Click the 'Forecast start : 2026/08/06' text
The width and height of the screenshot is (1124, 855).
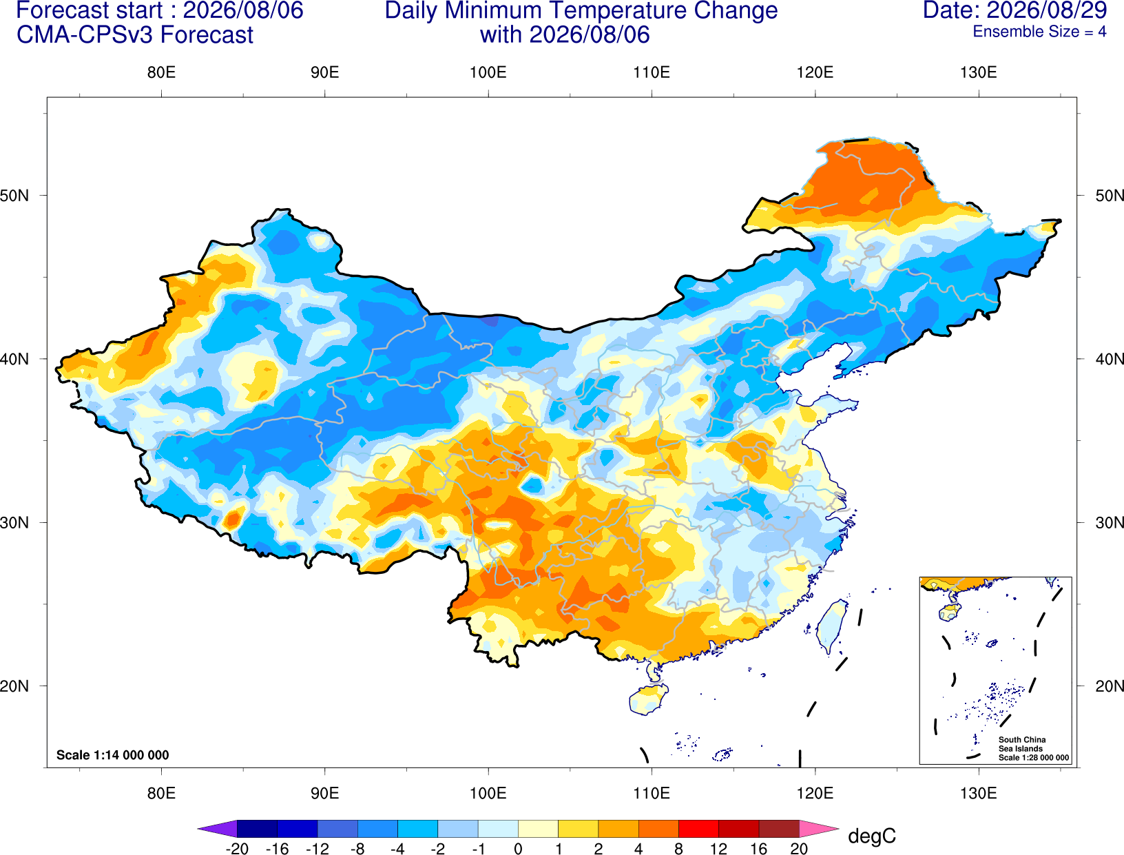point(160,10)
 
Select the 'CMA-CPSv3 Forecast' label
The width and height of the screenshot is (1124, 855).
point(135,35)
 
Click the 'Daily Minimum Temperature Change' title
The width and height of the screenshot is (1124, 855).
point(581,11)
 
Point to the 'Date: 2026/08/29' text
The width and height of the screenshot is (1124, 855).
point(1015,10)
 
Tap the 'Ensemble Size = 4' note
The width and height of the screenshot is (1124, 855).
point(1039,32)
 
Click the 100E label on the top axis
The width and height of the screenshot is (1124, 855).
point(488,72)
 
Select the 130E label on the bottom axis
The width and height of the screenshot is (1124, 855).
point(979,794)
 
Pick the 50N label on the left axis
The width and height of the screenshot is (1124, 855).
point(14,195)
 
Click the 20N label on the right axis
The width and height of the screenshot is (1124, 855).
point(1109,686)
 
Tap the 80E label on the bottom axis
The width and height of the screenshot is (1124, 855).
point(161,794)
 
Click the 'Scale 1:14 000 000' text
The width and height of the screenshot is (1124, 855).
point(113,755)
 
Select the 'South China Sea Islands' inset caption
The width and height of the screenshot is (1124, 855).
point(1022,744)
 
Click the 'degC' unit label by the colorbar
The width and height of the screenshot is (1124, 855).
point(872,836)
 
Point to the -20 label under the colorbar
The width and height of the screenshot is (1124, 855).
point(237,849)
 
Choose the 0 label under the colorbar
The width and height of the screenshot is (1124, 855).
point(518,849)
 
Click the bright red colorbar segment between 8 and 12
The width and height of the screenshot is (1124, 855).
point(699,828)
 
